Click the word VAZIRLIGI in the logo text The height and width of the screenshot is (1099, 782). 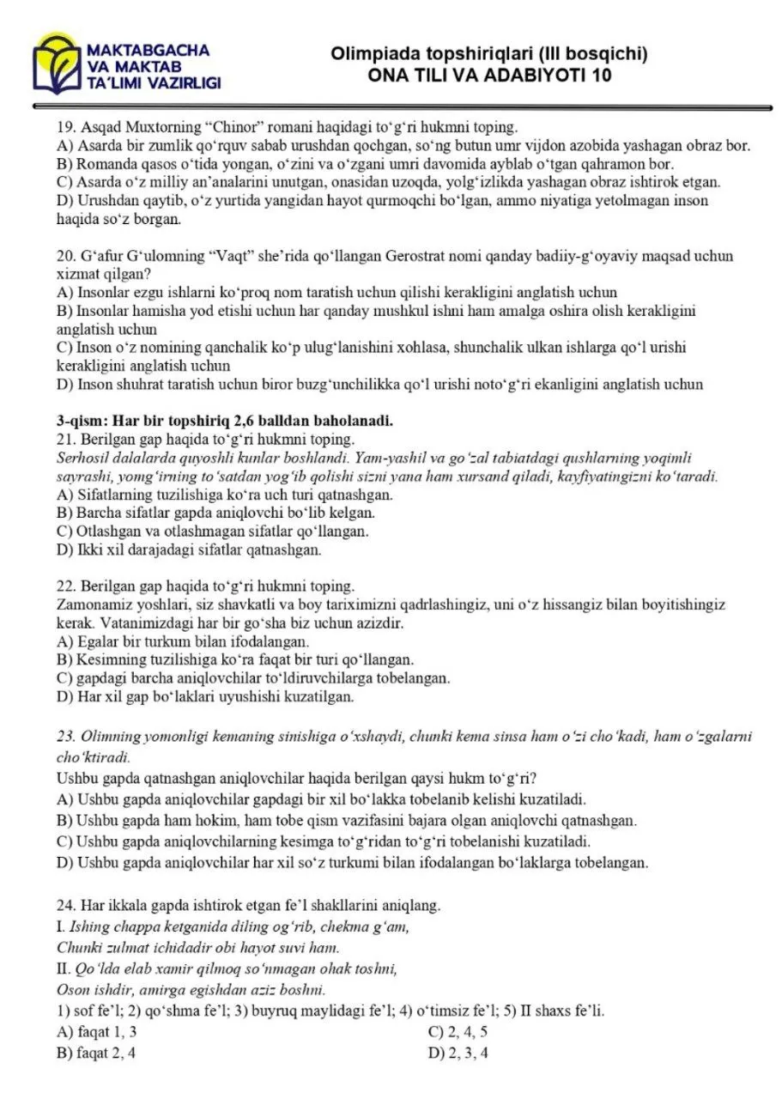pos(181,83)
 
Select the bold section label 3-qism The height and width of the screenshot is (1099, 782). pos(83,421)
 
